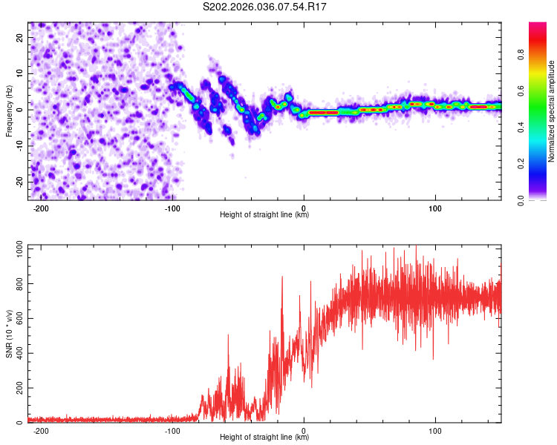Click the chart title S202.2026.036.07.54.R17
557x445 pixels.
[x=265, y=7]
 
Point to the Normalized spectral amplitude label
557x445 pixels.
[x=552, y=112]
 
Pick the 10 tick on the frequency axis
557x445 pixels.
[x=20, y=73]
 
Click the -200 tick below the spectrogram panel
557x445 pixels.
[x=41, y=208]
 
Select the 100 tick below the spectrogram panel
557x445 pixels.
[x=435, y=208]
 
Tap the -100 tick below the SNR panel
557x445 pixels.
[x=172, y=431]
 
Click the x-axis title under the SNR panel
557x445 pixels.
[x=264, y=438]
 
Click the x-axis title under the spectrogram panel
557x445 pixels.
[x=264, y=215]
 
